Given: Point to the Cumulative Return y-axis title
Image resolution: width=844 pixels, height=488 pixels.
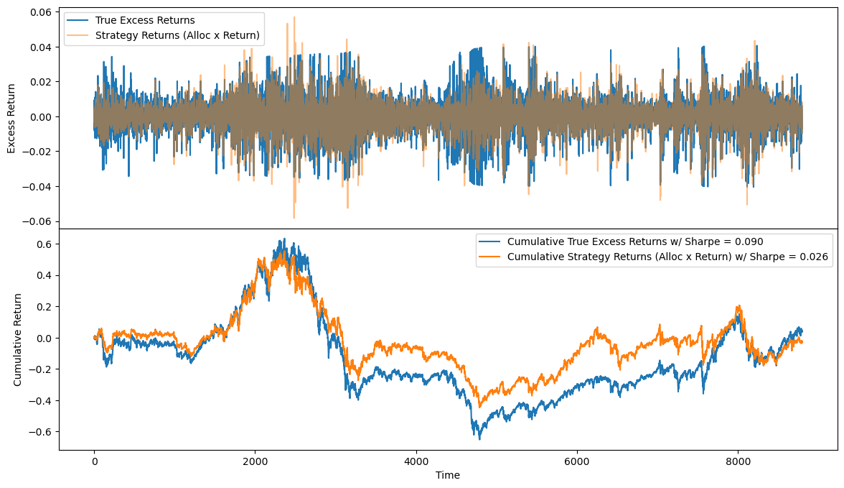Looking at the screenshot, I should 18,339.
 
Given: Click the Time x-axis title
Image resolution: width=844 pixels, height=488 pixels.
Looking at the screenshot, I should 448,475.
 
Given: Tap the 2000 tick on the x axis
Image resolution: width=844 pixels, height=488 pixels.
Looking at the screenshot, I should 255,461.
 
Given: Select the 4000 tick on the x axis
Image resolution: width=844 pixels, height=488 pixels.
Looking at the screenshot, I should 416,461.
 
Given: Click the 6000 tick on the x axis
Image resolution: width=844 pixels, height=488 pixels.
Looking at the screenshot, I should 576,461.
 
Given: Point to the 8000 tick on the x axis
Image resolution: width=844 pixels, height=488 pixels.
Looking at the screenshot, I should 737,461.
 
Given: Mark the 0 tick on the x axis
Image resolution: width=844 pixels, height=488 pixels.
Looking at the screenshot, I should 94,461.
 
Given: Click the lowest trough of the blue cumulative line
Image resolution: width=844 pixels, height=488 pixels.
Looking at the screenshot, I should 479,438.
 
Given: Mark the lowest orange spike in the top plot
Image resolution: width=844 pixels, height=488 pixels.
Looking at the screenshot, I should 294,218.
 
